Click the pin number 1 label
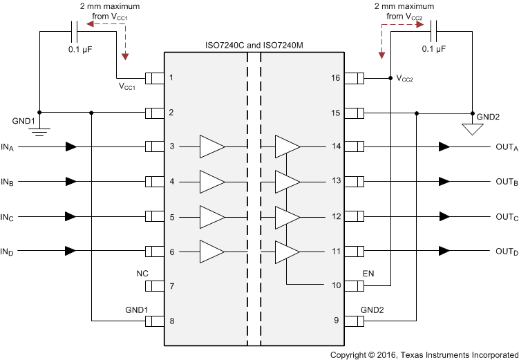tap(171, 77)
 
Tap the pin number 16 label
tap(336, 77)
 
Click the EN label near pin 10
tap(368, 274)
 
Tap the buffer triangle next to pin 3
tap(211, 146)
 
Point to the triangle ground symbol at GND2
tap(472, 129)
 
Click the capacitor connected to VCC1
tap(75, 30)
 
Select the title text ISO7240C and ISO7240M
tap(254, 46)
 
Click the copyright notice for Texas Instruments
tap(424, 354)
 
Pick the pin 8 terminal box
tap(154, 321)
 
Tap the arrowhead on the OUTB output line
tap(444, 182)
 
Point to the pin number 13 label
tap(336, 182)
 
